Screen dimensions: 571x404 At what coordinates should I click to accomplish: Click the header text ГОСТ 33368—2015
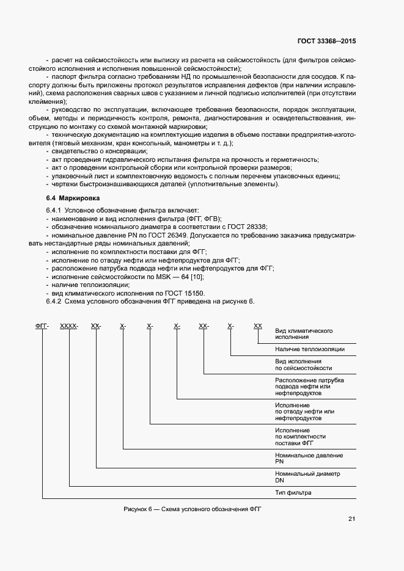328,40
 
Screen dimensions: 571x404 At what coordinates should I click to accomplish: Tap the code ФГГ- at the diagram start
42,327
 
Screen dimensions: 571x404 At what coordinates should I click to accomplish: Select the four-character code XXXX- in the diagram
69,327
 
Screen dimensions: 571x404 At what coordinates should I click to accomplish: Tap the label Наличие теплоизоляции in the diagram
310,349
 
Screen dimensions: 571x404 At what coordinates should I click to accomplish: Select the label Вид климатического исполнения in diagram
304,333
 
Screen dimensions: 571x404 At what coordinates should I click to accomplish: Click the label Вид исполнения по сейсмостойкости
304,365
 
